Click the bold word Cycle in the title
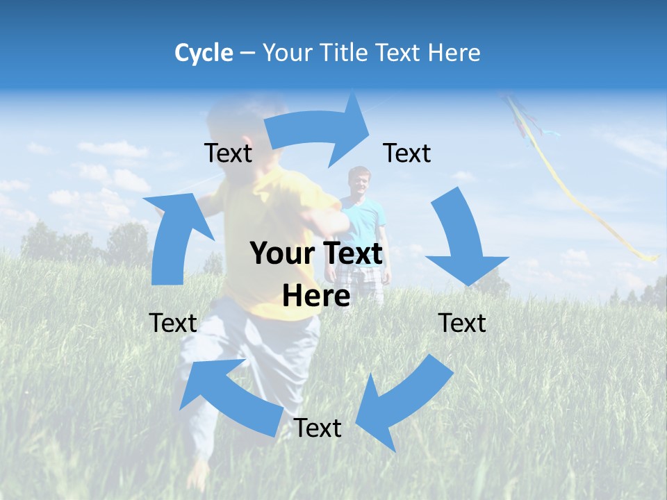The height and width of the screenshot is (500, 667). [203, 53]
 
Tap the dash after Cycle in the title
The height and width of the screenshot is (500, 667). [247, 53]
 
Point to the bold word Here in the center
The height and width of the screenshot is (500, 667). [316, 296]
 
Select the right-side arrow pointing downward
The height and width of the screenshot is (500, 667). [462, 240]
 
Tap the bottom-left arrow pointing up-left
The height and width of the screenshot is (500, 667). [229, 396]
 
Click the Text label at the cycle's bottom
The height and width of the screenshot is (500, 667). [318, 428]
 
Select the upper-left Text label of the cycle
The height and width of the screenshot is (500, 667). [228, 153]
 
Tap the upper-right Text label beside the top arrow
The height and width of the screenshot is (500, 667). [407, 153]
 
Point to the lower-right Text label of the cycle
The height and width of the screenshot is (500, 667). [462, 323]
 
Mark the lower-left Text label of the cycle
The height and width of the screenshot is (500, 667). [173, 323]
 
